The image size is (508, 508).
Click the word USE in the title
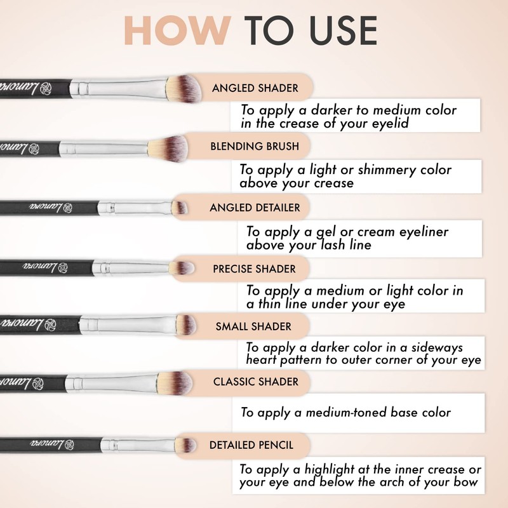pyautogui.click(x=336, y=30)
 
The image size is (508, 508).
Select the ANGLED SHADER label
pyautogui.click(x=255, y=88)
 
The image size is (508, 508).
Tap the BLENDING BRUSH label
pyautogui.click(x=255, y=147)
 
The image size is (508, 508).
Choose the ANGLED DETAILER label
pyautogui.click(x=255, y=208)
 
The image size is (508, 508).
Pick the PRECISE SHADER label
pyautogui.click(x=254, y=269)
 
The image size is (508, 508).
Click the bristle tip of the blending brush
pyautogui.click(x=170, y=146)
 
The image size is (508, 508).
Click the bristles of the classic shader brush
pyautogui.click(x=175, y=382)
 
